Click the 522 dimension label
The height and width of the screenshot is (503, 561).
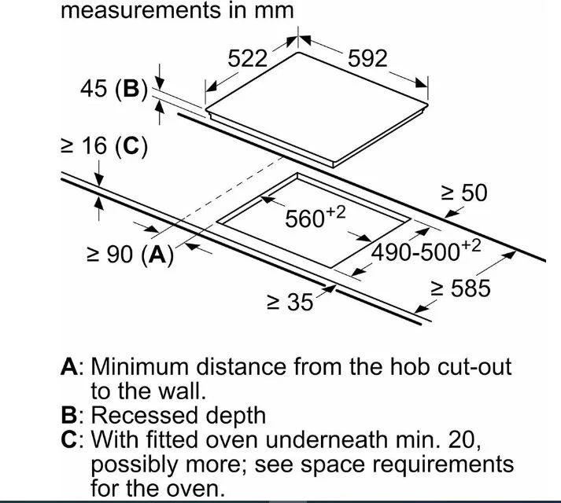click(x=248, y=59)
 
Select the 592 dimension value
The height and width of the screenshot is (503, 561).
click(x=367, y=59)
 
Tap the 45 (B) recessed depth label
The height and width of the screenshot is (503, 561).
click(x=114, y=89)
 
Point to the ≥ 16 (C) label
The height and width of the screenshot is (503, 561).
click(x=104, y=146)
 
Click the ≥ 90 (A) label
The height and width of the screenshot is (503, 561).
click(x=131, y=255)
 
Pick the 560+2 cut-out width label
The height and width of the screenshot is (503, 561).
click(x=316, y=217)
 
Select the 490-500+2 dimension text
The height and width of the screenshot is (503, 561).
click(x=426, y=251)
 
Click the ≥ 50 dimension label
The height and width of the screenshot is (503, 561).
click(x=464, y=193)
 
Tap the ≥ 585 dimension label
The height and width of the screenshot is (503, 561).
click(x=460, y=288)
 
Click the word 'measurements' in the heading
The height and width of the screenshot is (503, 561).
click(x=139, y=11)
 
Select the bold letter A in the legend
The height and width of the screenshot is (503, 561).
click(x=69, y=367)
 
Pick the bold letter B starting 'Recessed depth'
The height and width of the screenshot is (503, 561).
click(x=68, y=415)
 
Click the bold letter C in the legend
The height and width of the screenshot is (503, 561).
click(x=69, y=439)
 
